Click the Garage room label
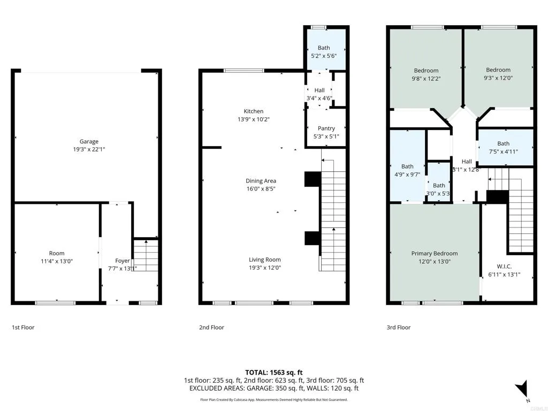89,142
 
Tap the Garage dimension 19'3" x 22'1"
89,149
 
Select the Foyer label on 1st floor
123,261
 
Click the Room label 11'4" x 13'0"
57,253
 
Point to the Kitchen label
254,111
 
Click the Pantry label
326,128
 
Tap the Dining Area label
261,181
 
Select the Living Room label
264,260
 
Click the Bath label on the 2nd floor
324,48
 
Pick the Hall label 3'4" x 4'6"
319,90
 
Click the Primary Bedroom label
434,254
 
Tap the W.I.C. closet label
504,266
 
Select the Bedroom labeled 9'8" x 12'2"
426,71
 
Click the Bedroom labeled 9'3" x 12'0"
498,70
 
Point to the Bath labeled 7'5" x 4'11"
503,143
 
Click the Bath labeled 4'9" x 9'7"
407,166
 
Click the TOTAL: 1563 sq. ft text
274,372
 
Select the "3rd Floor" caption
398,328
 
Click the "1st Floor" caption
23,328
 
